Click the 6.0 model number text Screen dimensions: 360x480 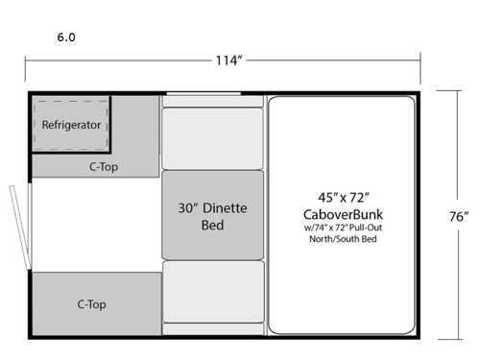point(66,37)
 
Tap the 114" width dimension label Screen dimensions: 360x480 point(228,60)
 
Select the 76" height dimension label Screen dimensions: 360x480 point(458,216)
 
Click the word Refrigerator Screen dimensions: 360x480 point(71,125)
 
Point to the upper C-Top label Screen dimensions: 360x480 point(105,165)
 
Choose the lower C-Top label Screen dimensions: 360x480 point(91,304)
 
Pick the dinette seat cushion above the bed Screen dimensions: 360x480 point(212,137)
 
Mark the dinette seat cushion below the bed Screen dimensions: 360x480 point(212,292)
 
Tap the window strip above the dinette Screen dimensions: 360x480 point(202,94)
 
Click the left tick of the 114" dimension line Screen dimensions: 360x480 point(25,60)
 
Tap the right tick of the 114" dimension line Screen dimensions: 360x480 point(420,60)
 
